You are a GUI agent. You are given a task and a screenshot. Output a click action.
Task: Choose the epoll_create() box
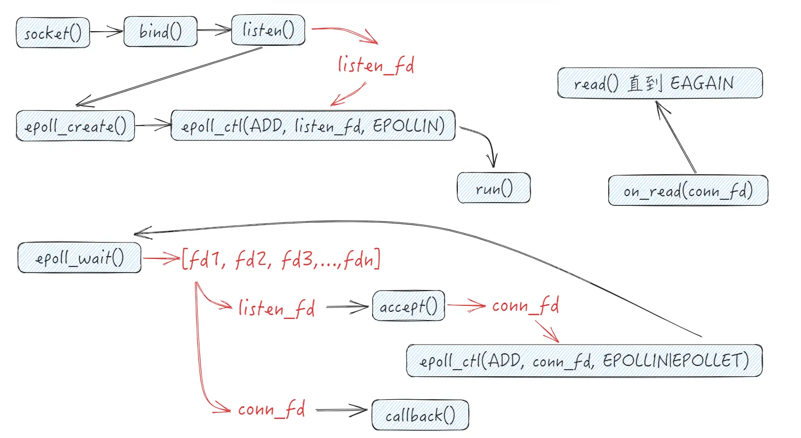pyautogui.click(x=75, y=126)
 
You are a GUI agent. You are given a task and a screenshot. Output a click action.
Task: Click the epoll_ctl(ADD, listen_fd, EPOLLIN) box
pyautogui.click(x=313, y=125)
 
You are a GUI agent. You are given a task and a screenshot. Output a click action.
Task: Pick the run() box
pyautogui.click(x=494, y=188)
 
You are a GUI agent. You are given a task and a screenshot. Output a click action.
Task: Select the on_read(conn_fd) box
pyautogui.click(x=688, y=191)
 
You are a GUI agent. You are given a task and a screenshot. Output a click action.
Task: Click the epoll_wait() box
pyautogui.click(x=79, y=258)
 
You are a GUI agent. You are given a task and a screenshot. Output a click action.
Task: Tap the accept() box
pyautogui.click(x=409, y=306)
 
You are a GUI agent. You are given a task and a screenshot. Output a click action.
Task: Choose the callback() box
pyautogui.click(x=420, y=416)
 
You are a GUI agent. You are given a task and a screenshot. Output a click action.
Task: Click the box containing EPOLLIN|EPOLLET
pyautogui.click(x=584, y=360)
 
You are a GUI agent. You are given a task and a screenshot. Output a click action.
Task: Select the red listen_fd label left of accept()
pyautogui.click(x=277, y=309)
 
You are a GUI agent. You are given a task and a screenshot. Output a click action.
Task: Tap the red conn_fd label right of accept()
pyautogui.click(x=525, y=306)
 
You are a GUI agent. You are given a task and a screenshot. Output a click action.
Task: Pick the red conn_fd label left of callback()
pyautogui.click(x=272, y=409)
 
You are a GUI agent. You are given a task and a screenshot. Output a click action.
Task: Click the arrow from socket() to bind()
pyautogui.click(x=107, y=32)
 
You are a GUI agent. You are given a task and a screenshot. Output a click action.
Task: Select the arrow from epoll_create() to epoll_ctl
pyautogui.click(x=152, y=126)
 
